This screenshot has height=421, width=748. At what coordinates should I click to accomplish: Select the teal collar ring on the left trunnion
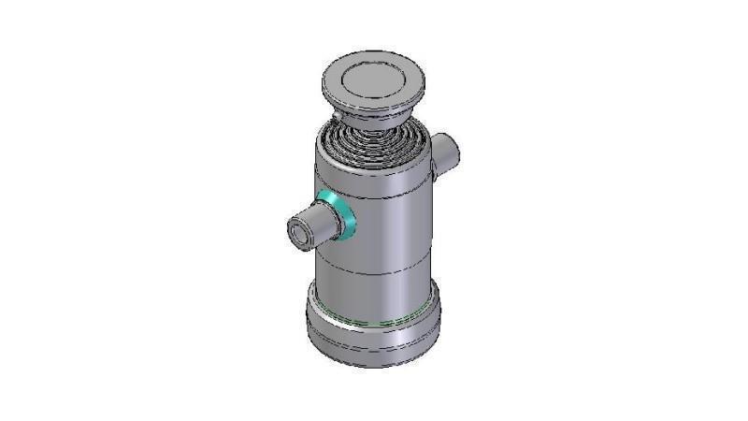[x=337, y=214]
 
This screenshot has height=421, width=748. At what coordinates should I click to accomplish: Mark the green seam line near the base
[x=374, y=321]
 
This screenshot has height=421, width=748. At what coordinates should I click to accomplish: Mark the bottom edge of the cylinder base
[x=374, y=364]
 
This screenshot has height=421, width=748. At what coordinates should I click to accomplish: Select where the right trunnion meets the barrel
[x=433, y=159]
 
